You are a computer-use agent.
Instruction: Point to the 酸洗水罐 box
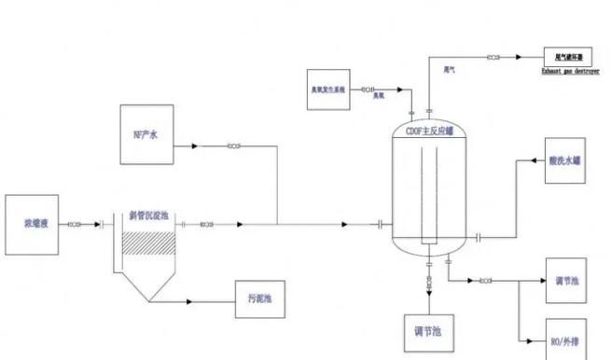point(566,160)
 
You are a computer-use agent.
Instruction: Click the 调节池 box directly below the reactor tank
point(427,331)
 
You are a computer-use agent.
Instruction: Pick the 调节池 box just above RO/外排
point(566,281)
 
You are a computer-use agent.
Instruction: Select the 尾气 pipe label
point(450,68)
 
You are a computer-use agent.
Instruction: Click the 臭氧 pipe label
point(379,96)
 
